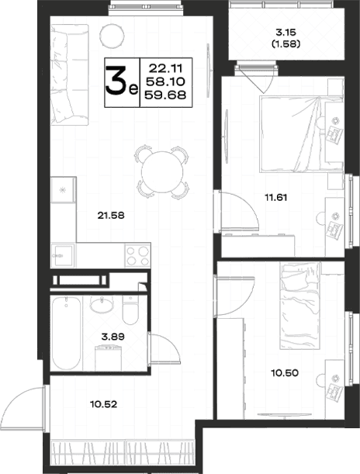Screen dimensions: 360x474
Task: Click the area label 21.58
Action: pyautogui.click(x=111, y=216)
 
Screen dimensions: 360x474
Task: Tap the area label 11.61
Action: pyautogui.click(x=276, y=198)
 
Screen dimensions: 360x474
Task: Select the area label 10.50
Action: pyautogui.click(x=285, y=373)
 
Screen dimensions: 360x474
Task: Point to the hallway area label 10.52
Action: pyautogui.click(x=104, y=404)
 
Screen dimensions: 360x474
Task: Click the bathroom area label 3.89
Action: pyautogui.click(x=112, y=337)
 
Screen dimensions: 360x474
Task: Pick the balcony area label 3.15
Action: pyautogui.click(x=286, y=32)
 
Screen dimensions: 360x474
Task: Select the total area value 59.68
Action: pyautogui.click(x=165, y=95)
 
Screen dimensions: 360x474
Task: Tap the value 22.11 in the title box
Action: pyautogui.click(x=165, y=68)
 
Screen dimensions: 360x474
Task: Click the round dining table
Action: pyautogui.click(x=162, y=172)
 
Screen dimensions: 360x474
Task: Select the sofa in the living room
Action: pyautogui.click(x=70, y=74)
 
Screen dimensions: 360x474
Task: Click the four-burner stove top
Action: pyautogui.click(x=138, y=256)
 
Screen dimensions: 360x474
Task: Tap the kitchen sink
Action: pyautogui.click(x=63, y=256)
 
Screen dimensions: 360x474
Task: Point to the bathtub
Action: pyautogui.click(x=67, y=333)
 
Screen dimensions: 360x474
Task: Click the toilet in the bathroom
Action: pyautogui.click(x=130, y=310)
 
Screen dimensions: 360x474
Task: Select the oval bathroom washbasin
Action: pyautogui.click(x=102, y=306)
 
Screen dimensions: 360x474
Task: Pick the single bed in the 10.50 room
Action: pyautogui.click(x=300, y=306)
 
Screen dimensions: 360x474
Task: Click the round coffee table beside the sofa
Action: pyautogui.click(x=112, y=36)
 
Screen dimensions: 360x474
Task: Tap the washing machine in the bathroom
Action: pyautogui.click(x=108, y=358)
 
